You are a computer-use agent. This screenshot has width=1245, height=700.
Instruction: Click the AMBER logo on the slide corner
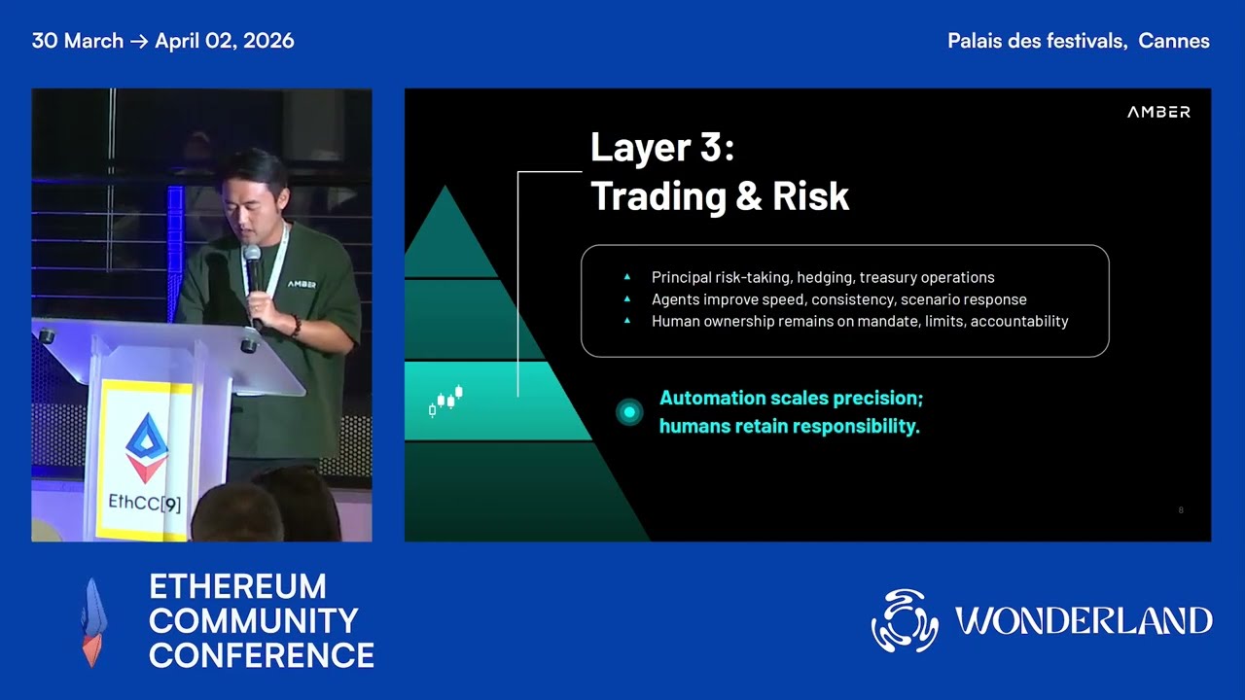[1158, 113]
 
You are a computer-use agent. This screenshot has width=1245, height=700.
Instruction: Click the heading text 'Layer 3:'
[661, 148]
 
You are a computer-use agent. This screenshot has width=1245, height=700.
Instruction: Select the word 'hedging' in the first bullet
[825, 278]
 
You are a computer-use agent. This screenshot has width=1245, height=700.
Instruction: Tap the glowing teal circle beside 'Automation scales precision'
[629, 412]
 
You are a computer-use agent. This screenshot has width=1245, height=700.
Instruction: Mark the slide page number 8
[1181, 510]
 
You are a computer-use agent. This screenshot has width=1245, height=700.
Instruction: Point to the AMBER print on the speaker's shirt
[302, 285]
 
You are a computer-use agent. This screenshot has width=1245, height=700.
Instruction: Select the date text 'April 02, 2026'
[225, 41]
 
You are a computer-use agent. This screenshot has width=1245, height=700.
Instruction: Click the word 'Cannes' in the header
[1174, 41]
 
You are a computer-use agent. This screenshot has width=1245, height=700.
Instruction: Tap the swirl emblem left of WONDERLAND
[905, 620]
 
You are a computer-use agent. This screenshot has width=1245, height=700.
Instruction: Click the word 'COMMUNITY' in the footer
[254, 620]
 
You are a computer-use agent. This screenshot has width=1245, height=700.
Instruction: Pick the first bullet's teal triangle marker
[627, 278]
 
